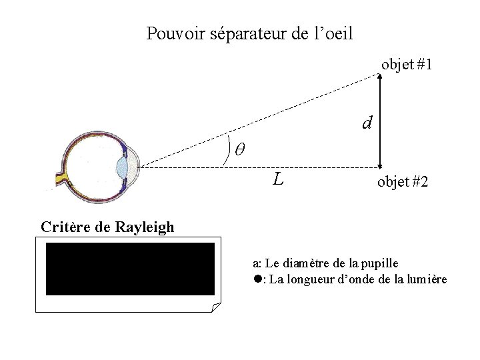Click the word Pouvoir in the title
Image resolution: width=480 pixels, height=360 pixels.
coord(167,33)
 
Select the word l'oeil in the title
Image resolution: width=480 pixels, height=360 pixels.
coord(332,33)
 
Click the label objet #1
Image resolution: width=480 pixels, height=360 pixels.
coord(407,65)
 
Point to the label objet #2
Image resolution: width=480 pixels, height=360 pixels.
coord(403,182)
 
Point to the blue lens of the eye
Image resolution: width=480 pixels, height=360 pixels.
coord(122,166)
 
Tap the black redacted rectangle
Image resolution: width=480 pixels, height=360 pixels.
coord(130,269)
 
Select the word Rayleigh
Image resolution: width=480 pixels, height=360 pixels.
coord(145,227)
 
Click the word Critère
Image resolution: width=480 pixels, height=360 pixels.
coord(65,227)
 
